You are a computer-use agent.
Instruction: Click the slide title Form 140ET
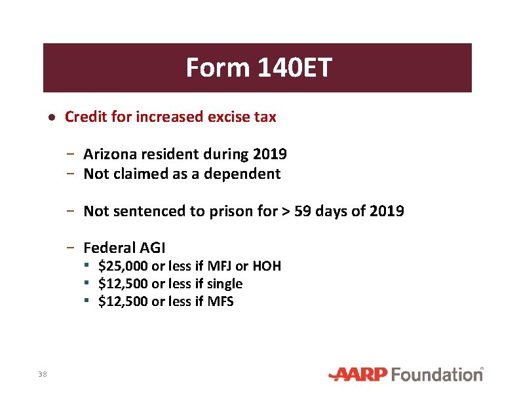(259, 67)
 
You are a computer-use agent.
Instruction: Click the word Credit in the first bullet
(82, 117)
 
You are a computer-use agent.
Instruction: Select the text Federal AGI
(125, 248)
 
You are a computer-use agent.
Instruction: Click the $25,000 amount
(123, 266)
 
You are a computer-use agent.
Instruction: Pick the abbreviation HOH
(266, 266)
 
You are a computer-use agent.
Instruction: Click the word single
(225, 284)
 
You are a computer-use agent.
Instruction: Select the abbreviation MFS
(221, 301)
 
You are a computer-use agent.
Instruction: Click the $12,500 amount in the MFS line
(123, 301)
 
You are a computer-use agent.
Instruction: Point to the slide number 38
(43, 374)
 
